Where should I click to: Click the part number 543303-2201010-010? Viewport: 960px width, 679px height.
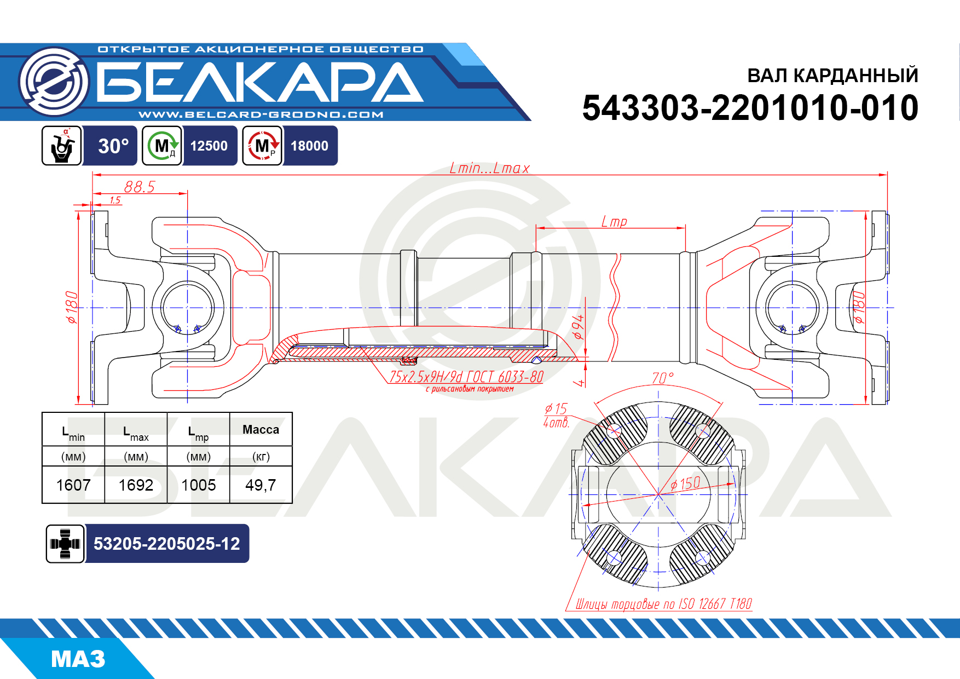[750, 107]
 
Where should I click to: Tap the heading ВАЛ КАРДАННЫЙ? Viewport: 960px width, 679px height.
[832, 75]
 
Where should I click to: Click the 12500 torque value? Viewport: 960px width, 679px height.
[209, 146]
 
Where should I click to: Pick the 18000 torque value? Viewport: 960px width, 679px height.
[310, 146]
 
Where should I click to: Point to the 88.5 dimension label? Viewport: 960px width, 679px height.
[140, 187]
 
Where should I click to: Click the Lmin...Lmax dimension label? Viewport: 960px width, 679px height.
[490, 168]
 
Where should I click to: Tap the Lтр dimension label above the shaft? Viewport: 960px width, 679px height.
[614, 221]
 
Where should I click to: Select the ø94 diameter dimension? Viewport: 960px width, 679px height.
[578, 327]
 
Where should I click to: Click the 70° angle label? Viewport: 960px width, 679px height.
[662, 378]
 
